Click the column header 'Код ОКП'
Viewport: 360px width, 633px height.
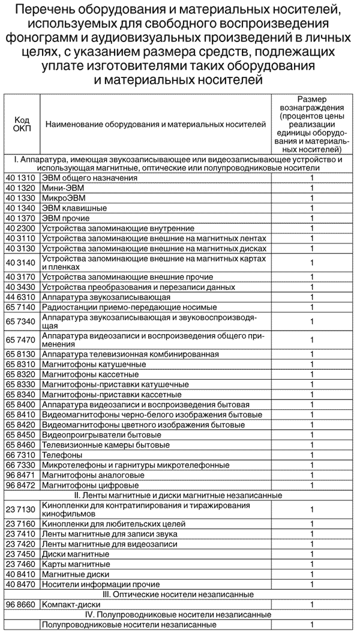(22, 124)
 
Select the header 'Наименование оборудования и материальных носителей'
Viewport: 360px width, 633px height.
(155, 124)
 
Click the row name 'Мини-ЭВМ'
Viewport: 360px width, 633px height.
(59, 188)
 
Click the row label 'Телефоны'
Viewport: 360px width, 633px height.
(59, 455)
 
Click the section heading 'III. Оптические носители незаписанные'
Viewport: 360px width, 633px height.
(179, 594)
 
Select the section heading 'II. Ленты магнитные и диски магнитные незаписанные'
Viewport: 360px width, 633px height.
(179, 495)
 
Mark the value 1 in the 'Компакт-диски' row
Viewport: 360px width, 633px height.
(312, 604)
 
